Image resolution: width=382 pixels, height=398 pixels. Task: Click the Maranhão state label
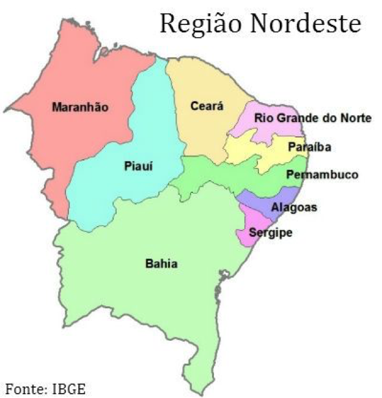pos(80,107)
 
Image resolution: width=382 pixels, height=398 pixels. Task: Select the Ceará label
pos(206,106)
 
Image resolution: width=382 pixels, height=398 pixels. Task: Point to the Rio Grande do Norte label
pos(312,118)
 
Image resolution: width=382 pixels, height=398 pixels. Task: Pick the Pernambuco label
pos(322,175)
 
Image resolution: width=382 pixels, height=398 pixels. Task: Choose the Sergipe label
pos(271,233)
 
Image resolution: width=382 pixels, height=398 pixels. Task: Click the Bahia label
pos(161,264)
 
